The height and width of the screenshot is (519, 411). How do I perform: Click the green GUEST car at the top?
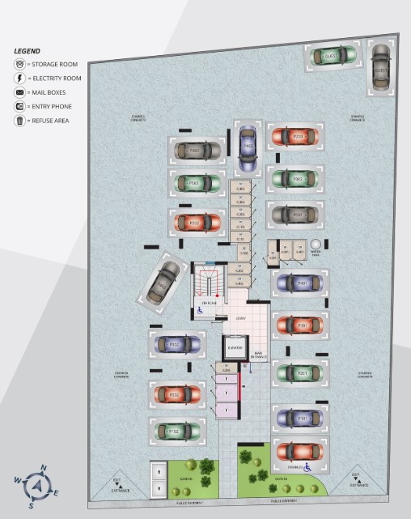click(x=331, y=56)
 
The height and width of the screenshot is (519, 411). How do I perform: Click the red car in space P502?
click(x=194, y=221)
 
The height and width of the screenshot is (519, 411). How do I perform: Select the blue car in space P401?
click(x=299, y=283)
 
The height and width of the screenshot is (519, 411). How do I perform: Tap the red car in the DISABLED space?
click(x=299, y=452)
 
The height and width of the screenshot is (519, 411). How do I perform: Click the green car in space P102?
click(x=176, y=431)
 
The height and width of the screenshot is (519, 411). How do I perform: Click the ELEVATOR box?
click(x=235, y=348)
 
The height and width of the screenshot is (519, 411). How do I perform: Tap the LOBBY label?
click(x=240, y=318)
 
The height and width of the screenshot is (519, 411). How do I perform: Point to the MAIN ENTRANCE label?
click(x=259, y=353)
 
